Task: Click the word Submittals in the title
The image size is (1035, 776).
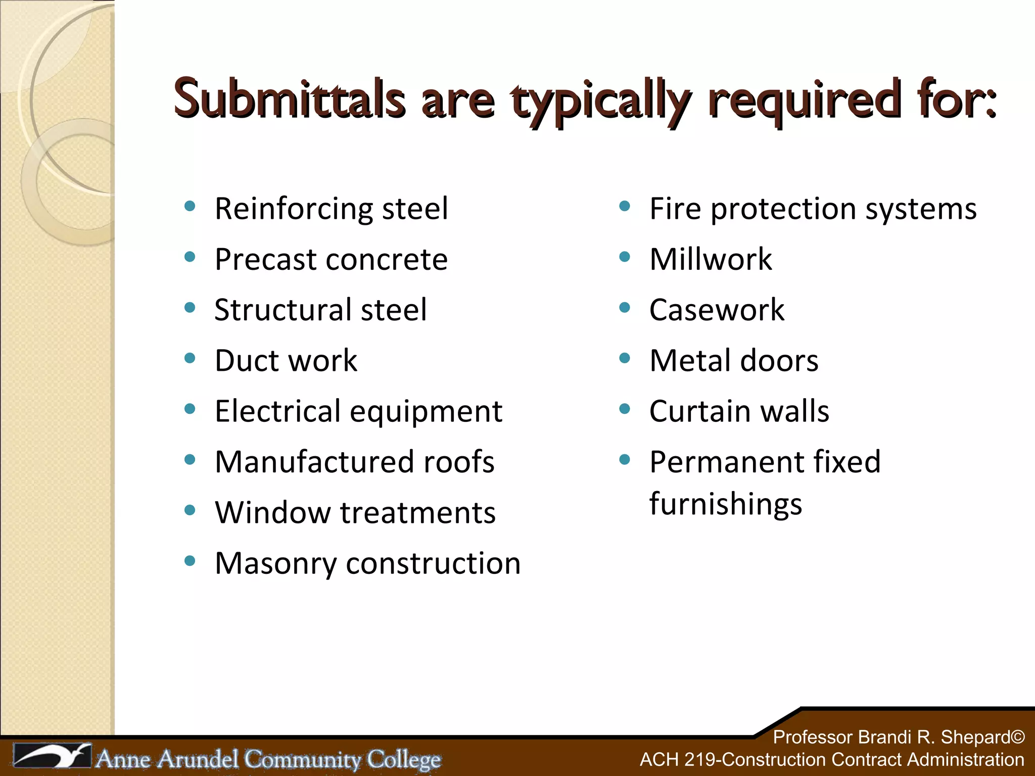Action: (289, 99)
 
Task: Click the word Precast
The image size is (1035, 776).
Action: (266, 260)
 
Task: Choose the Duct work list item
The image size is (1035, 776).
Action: (286, 361)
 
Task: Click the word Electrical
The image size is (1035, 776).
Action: (277, 411)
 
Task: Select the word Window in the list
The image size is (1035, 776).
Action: (272, 512)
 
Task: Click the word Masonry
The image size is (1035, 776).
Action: (275, 563)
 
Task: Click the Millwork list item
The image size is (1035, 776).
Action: (711, 260)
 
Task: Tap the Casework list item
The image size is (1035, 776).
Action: (717, 310)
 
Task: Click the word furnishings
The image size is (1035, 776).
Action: (725, 504)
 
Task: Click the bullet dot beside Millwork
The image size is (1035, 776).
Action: (625, 257)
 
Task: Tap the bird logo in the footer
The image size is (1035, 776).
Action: (53, 756)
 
